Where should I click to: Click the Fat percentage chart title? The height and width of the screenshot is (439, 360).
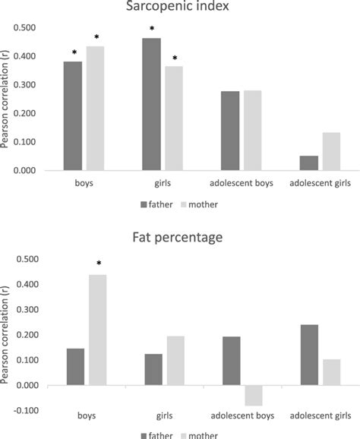point(180,238)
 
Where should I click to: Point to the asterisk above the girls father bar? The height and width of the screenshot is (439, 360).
point(151,28)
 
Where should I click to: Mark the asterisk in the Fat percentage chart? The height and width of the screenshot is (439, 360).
point(98,264)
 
